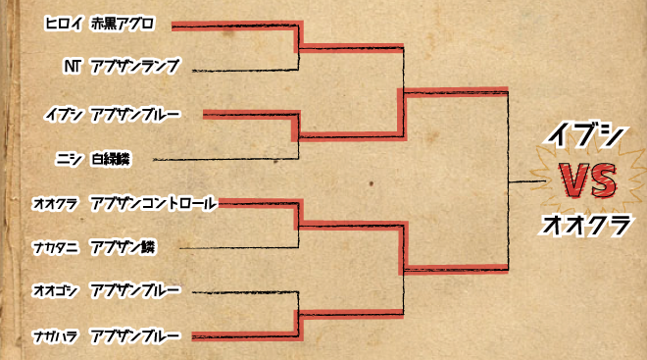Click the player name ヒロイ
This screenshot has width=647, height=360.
coord(63,22)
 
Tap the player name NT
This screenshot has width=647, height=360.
coord(71,66)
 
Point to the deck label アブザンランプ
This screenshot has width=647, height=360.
coord(133,66)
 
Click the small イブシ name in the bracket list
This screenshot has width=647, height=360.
coord(63,115)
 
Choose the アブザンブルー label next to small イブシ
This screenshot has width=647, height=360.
coord(134,115)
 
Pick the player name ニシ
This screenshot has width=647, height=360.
coord(69,157)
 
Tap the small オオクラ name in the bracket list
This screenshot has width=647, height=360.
coord(57,203)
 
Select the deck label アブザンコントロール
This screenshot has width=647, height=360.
coord(151,203)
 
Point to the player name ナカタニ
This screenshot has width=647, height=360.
coord(57,246)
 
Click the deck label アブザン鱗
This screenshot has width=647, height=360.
coord(122,246)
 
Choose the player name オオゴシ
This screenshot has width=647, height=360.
coord(57,291)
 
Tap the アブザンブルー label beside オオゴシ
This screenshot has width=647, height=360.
coord(134,291)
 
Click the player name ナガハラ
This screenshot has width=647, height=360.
coord(57,335)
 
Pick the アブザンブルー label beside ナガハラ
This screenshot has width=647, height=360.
coord(134,335)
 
